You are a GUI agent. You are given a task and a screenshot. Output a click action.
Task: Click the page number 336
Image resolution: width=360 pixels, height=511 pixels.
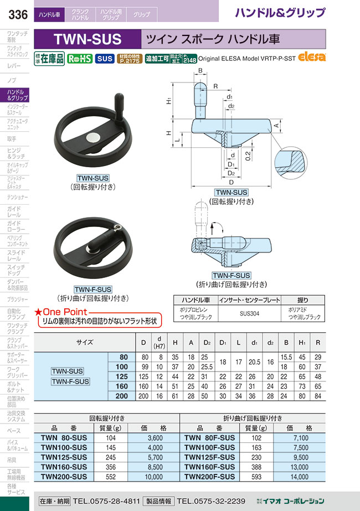(x=14, y=16)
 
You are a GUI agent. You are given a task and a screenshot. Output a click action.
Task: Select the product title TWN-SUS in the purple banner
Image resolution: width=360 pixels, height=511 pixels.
(x=87, y=39)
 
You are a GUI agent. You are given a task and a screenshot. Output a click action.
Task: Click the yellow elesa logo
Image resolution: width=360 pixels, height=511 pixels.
(x=312, y=57)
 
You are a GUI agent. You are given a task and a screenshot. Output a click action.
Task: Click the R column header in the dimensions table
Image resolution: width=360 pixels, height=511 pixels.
(x=317, y=343)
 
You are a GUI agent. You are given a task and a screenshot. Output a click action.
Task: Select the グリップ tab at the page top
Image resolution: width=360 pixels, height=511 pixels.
(x=141, y=14)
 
